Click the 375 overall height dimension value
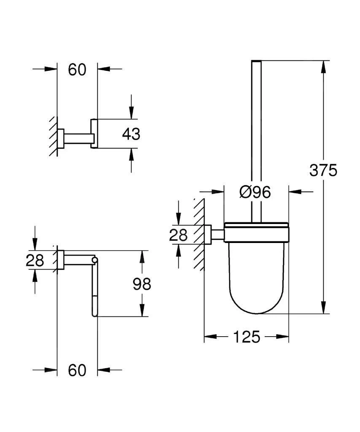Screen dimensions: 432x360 (323, 170)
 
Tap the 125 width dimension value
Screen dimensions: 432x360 (246, 337)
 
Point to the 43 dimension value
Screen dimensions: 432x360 (131, 135)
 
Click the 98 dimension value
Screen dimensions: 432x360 (142, 284)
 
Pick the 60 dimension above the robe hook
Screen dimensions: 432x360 (77, 70)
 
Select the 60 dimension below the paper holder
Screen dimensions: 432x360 (77, 370)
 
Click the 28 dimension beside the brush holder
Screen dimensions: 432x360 (178, 235)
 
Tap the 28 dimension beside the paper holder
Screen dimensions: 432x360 (35, 260)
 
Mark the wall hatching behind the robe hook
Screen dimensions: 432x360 (53, 135)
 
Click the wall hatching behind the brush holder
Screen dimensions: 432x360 (199, 234)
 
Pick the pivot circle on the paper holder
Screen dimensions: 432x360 (95, 259)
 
